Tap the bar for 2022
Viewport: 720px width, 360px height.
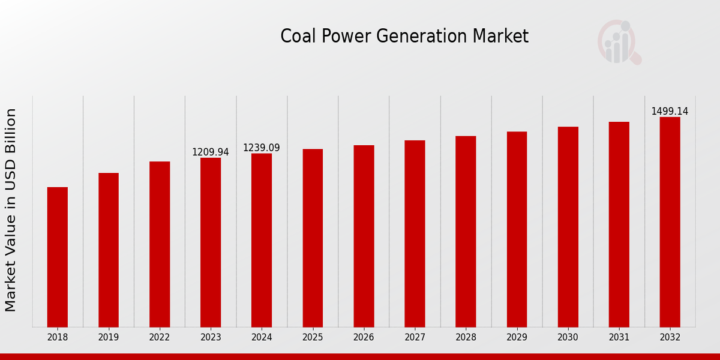pos(160,244)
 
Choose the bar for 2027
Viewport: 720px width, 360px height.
pos(415,233)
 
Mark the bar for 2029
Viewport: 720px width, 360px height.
pos(517,229)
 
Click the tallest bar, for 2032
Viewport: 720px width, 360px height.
pos(670,222)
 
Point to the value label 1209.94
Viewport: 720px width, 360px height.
pos(211,152)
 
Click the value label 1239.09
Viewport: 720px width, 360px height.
pos(262,148)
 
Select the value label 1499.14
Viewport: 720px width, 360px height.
pos(670,112)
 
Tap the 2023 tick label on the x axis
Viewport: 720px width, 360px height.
pos(211,337)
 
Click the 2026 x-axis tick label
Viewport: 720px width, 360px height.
pos(364,337)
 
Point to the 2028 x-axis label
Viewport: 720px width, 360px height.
pos(466,337)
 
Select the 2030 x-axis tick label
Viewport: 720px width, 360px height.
pos(568,337)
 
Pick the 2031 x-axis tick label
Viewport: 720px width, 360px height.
pos(619,337)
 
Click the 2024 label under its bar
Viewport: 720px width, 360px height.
pos(262,337)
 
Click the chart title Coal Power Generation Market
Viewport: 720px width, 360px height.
pos(404,37)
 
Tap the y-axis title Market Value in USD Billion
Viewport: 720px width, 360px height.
pos(11,210)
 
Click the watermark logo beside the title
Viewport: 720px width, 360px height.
pos(619,42)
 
